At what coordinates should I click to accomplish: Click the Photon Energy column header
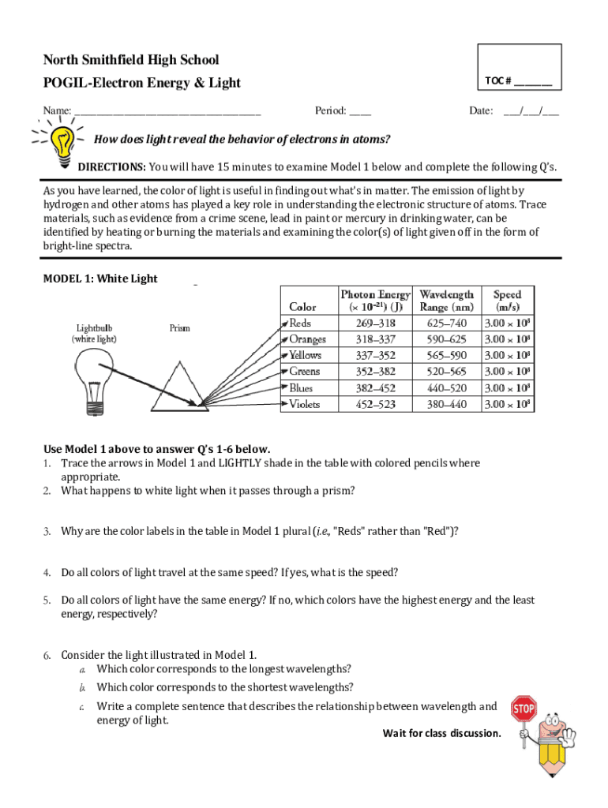pyautogui.click(x=375, y=300)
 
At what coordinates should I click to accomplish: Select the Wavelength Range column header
pyautogui.click(x=447, y=300)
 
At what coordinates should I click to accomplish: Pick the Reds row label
pyautogui.click(x=301, y=323)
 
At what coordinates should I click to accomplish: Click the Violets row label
pyautogui.click(x=304, y=404)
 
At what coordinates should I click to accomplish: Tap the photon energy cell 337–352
pyautogui.click(x=375, y=355)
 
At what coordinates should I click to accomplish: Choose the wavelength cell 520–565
pyautogui.click(x=447, y=372)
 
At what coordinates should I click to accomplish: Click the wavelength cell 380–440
pyautogui.click(x=447, y=404)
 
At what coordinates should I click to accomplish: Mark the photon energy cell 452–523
pyautogui.click(x=375, y=404)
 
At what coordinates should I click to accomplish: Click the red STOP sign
pyautogui.click(x=524, y=709)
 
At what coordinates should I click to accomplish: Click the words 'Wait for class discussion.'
pyautogui.click(x=441, y=734)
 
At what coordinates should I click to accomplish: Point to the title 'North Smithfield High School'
pyautogui.click(x=131, y=60)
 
